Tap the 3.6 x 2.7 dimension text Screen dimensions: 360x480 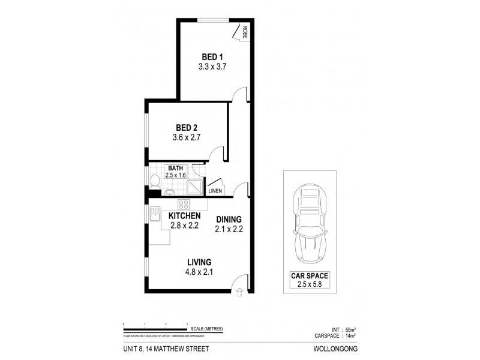[x=186, y=137]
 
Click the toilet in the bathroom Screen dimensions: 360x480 [x=154, y=181]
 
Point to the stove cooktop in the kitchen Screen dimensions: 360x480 [x=183, y=203]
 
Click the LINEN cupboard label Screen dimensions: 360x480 [x=215, y=191]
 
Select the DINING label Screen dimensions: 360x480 [x=228, y=220]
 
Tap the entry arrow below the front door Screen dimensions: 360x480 [x=240, y=293]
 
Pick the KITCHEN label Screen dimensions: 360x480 [x=184, y=216]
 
